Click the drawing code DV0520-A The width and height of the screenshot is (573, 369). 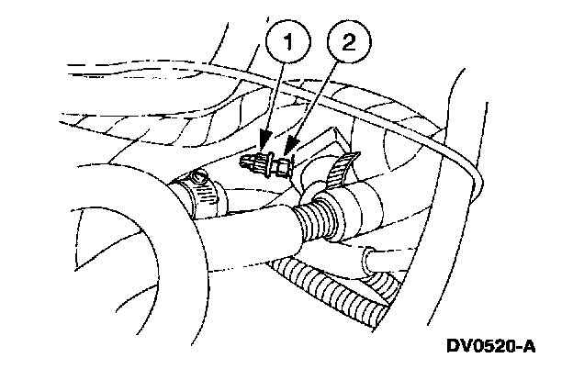pos(490,346)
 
